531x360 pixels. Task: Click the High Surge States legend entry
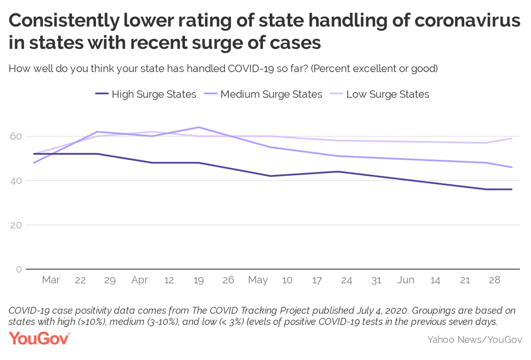coord(146,94)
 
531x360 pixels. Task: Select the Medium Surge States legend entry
coord(263,94)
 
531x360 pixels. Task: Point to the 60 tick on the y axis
coord(16,136)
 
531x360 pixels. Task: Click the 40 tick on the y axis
coord(16,181)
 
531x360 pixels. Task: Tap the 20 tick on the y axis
coord(16,225)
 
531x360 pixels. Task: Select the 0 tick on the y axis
coord(19,269)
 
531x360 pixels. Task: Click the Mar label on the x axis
coord(51,280)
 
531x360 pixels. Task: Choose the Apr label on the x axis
coord(139,280)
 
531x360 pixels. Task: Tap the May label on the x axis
coord(258,281)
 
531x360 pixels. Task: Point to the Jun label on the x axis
coord(406,280)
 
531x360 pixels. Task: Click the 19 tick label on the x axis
coord(199,280)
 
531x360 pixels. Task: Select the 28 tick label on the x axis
coord(495,280)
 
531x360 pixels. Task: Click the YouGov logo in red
coord(39,339)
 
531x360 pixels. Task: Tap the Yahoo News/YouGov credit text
coord(475,340)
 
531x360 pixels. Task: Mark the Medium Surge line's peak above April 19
coord(199,127)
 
